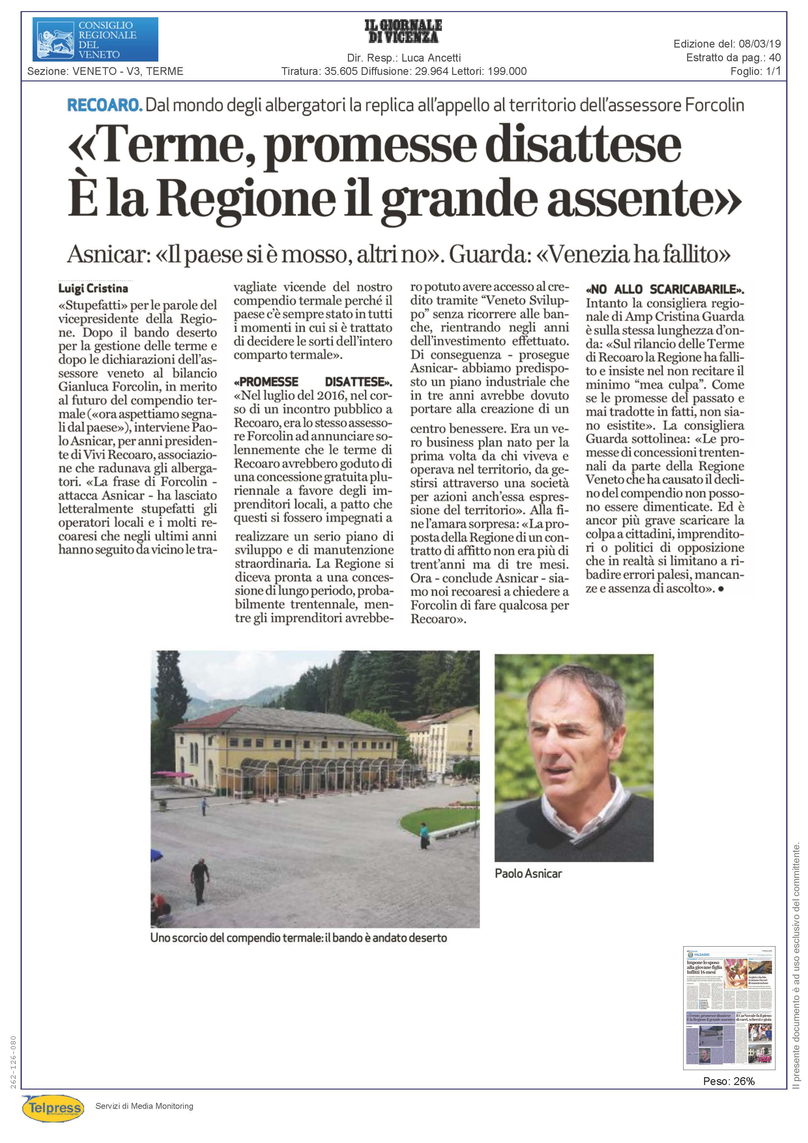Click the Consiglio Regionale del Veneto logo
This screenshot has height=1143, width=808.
coord(95,39)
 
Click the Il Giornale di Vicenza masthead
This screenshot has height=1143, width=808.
coord(403,31)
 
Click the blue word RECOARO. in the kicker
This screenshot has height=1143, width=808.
coord(105,105)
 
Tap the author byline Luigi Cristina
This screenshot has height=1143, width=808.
coord(93,288)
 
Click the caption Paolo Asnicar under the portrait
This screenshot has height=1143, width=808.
coord(528,873)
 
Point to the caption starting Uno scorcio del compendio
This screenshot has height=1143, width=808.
coord(299,938)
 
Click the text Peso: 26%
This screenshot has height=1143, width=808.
coord(729,1081)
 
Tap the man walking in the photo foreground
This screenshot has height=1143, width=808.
coord(200,880)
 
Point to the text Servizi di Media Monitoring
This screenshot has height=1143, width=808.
coord(144,1106)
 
